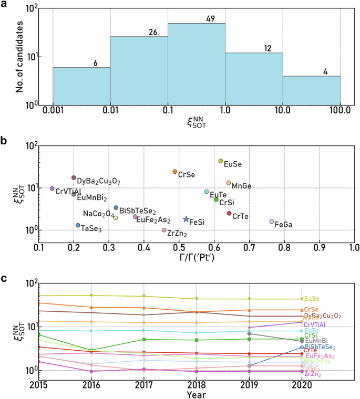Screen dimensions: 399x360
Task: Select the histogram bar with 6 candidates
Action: tap(81, 86)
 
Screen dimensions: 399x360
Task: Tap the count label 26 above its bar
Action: tap(153, 33)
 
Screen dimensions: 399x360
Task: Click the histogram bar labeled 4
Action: tap(311, 90)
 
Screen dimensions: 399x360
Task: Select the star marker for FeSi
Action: tap(186, 219)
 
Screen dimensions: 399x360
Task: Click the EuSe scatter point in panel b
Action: tap(221, 161)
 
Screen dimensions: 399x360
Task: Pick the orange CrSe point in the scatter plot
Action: tap(175, 172)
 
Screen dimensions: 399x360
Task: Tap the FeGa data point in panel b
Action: tap(272, 222)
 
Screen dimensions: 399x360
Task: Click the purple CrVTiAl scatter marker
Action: tap(52, 188)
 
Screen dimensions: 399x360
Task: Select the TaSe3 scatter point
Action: tap(78, 225)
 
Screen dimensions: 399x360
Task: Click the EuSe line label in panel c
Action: tap(312, 299)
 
